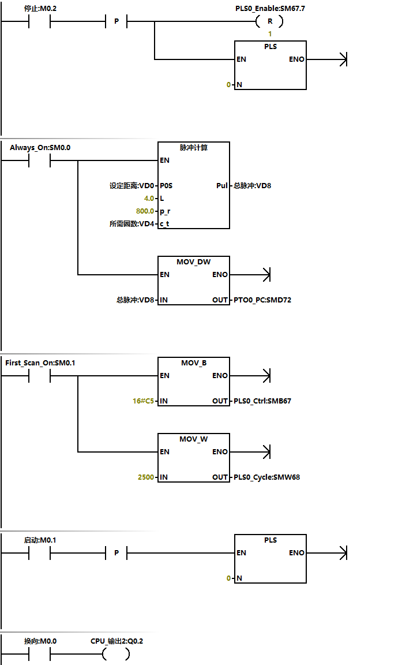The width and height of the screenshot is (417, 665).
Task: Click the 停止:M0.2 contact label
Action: [x=40, y=9]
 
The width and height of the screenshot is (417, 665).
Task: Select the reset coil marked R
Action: [x=269, y=22]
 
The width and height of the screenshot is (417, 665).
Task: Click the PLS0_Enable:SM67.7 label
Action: [x=270, y=9]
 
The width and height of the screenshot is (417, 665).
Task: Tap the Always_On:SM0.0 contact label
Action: [x=40, y=148]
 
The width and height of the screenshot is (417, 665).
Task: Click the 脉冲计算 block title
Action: [x=193, y=148]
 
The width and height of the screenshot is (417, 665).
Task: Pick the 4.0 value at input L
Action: [x=149, y=199]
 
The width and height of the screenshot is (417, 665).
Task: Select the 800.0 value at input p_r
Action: [x=145, y=211]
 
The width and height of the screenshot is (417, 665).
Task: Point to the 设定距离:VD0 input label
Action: [x=132, y=186]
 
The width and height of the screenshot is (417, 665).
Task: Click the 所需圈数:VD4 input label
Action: [x=132, y=224]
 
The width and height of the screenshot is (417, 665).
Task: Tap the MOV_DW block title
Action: [x=193, y=262]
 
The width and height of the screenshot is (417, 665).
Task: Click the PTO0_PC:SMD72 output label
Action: [x=262, y=300]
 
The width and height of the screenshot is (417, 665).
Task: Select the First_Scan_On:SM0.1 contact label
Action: [x=40, y=363]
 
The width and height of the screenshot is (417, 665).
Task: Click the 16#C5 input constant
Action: [x=144, y=401]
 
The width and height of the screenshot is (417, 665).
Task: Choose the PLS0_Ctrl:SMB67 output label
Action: [x=262, y=401]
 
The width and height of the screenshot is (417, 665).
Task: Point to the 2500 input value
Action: [x=145, y=477]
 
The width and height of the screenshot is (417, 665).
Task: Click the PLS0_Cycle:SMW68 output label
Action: [x=266, y=477]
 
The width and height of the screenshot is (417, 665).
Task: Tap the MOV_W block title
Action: [x=193, y=439]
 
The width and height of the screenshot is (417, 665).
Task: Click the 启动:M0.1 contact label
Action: [x=40, y=540]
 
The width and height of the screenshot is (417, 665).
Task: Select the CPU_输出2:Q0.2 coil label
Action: [x=117, y=641]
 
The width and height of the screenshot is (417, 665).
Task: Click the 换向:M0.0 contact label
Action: [x=40, y=641]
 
